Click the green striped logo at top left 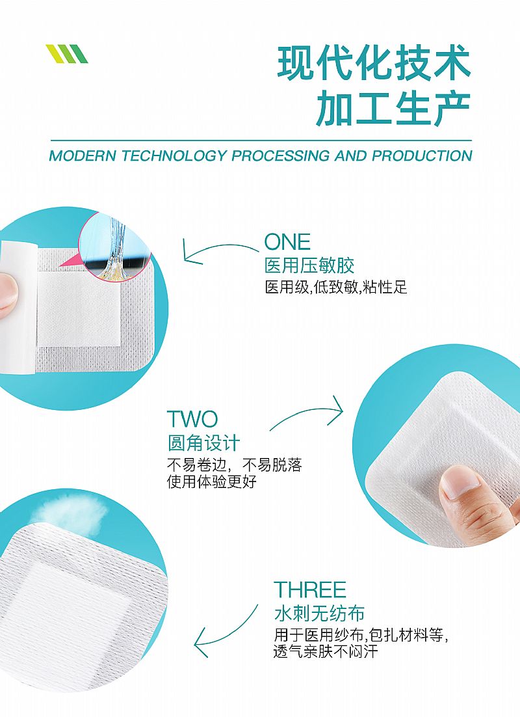click(x=67, y=54)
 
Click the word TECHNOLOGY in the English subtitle click(x=175, y=156)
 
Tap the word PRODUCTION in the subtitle click(x=422, y=156)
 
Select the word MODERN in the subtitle click(x=83, y=156)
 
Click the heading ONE click(x=287, y=242)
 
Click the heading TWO click(x=192, y=419)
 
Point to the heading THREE click(x=310, y=590)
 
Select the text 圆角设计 click(x=204, y=443)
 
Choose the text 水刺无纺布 click(x=319, y=613)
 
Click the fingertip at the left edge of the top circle click(x=8, y=293)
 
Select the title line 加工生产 click(x=393, y=108)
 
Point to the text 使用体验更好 click(x=212, y=481)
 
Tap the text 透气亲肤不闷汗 click(x=326, y=651)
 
